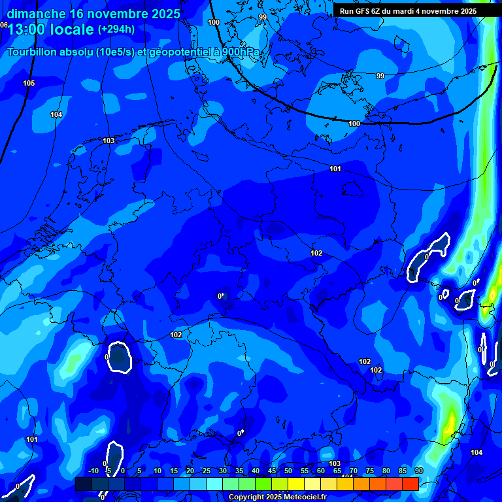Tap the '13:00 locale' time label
click(x=50, y=30)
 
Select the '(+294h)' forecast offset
click(x=116, y=29)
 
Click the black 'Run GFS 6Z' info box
click(x=408, y=11)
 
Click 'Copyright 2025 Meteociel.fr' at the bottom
click(x=277, y=497)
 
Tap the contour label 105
click(x=29, y=83)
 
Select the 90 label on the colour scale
click(x=418, y=471)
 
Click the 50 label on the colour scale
click(x=288, y=471)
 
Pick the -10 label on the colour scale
click(x=93, y=471)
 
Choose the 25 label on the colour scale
click(x=207, y=471)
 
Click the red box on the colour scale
click(x=410, y=484)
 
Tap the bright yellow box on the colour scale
click(x=295, y=484)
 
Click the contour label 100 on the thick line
click(x=354, y=124)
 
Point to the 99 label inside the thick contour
click(x=380, y=76)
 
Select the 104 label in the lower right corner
click(x=477, y=452)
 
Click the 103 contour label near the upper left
click(x=109, y=141)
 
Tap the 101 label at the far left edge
click(x=32, y=439)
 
